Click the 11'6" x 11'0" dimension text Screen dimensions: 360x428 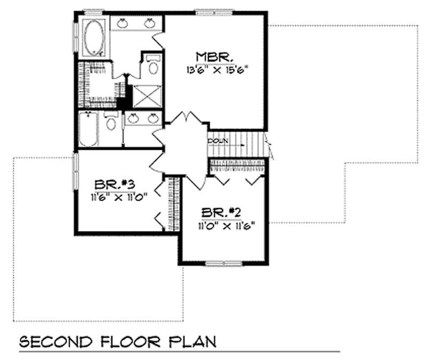119,196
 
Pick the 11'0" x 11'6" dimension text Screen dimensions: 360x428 224,225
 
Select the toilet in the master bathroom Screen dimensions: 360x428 152,67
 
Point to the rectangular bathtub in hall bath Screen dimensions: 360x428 88,129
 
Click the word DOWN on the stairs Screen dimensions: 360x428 218,141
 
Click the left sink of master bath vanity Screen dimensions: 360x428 123,22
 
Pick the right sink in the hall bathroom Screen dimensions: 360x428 153,118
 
